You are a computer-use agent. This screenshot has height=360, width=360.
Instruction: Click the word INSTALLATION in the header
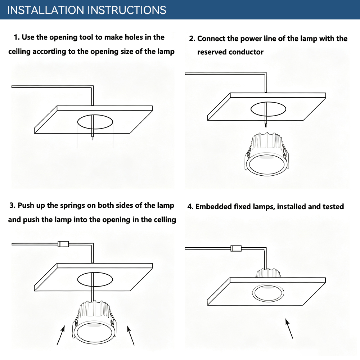tap(46, 10)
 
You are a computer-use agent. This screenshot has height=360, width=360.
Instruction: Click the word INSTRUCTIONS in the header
tap(127, 10)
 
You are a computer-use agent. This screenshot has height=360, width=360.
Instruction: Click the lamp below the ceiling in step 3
tap(94, 323)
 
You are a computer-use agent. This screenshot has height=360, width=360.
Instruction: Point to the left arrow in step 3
tap(60, 335)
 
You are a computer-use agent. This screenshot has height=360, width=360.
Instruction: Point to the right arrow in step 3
tap(131, 336)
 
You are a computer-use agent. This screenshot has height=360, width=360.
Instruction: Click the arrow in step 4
tap(289, 328)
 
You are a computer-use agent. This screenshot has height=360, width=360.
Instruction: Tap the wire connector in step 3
tap(63, 244)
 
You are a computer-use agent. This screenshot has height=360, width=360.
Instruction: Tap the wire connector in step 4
tap(236, 248)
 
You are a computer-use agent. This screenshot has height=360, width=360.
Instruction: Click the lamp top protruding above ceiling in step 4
tap(268, 273)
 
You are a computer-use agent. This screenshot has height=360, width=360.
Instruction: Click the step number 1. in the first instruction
tap(17, 37)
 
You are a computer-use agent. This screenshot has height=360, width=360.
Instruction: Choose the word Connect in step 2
tap(211, 39)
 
